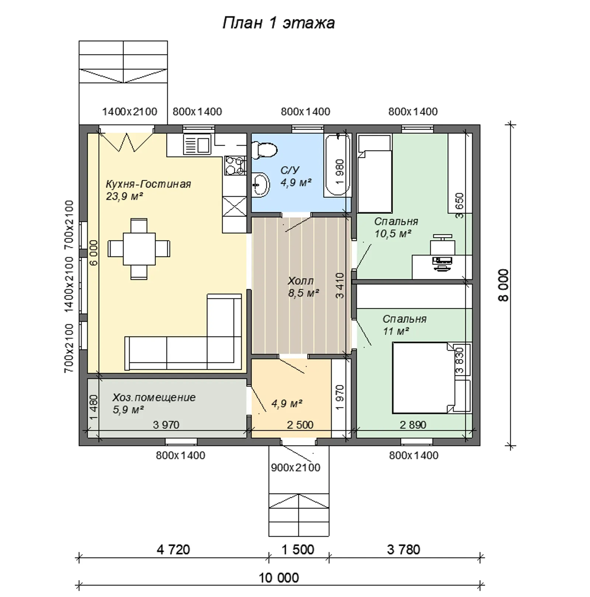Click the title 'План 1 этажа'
(x=279, y=23)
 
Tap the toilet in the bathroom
(x=264, y=150)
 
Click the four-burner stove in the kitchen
(x=235, y=165)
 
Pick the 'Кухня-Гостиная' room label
(x=148, y=184)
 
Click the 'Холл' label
(x=301, y=281)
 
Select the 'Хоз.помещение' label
(x=154, y=398)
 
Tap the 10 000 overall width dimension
(x=279, y=577)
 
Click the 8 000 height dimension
(x=503, y=285)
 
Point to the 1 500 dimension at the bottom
(x=298, y=550)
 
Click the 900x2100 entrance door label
(x=296, y=468)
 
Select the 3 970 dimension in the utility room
(x=166, y=425)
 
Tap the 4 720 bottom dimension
(x=173, y=550)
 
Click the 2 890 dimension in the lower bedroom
(x=413, y=425)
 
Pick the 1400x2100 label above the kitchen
(x=129, y=111)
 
